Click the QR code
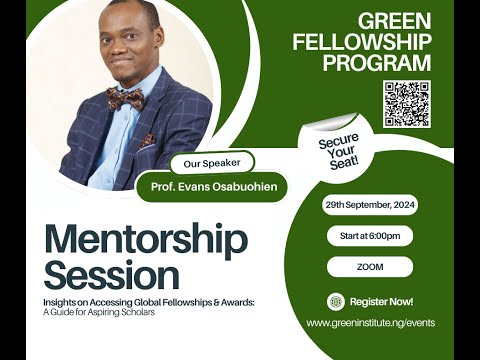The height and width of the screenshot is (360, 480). point(406,104)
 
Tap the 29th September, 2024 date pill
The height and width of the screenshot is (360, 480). point(369,204)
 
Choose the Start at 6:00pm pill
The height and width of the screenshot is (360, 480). point(369,236)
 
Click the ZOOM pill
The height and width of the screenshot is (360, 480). point(369,267)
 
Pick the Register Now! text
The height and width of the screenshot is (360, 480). point(381,301)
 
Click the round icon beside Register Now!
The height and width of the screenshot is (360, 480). point(337,301)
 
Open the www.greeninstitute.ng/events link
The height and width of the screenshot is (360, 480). point(369,323)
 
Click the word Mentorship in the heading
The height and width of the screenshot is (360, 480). point(145,241)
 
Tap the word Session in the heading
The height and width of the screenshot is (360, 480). point(112,272)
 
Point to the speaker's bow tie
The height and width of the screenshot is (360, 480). point(125,98)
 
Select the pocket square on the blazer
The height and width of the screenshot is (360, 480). point(147,141)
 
